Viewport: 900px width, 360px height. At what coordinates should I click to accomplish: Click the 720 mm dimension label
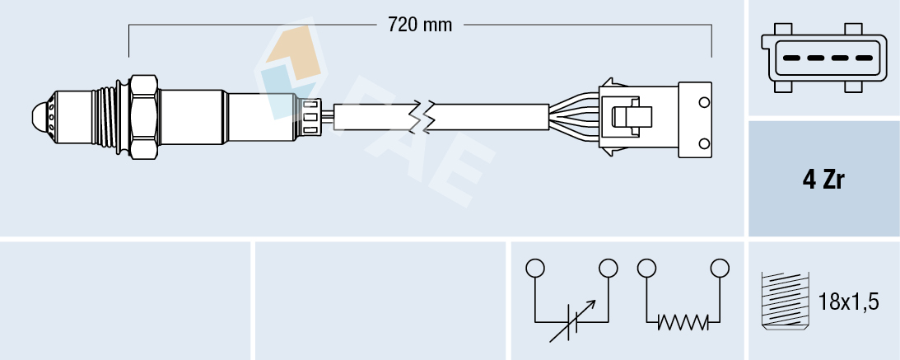point(420,25)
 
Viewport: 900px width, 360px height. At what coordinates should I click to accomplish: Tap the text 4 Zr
point(823,180)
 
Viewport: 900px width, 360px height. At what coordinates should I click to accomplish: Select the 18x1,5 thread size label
point(849,302)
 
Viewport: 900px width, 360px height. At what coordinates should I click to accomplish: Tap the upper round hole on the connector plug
point(704,102)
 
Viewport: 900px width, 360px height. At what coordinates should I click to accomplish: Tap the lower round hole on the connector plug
point(704,144)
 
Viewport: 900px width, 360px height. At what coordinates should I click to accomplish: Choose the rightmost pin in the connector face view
point(864,58)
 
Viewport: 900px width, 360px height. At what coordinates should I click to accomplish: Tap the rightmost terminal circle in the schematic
point(720,268)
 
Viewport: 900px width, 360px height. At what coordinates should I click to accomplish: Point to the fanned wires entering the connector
point(575,116)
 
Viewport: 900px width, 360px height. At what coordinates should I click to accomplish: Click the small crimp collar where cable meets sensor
point(310,116)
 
